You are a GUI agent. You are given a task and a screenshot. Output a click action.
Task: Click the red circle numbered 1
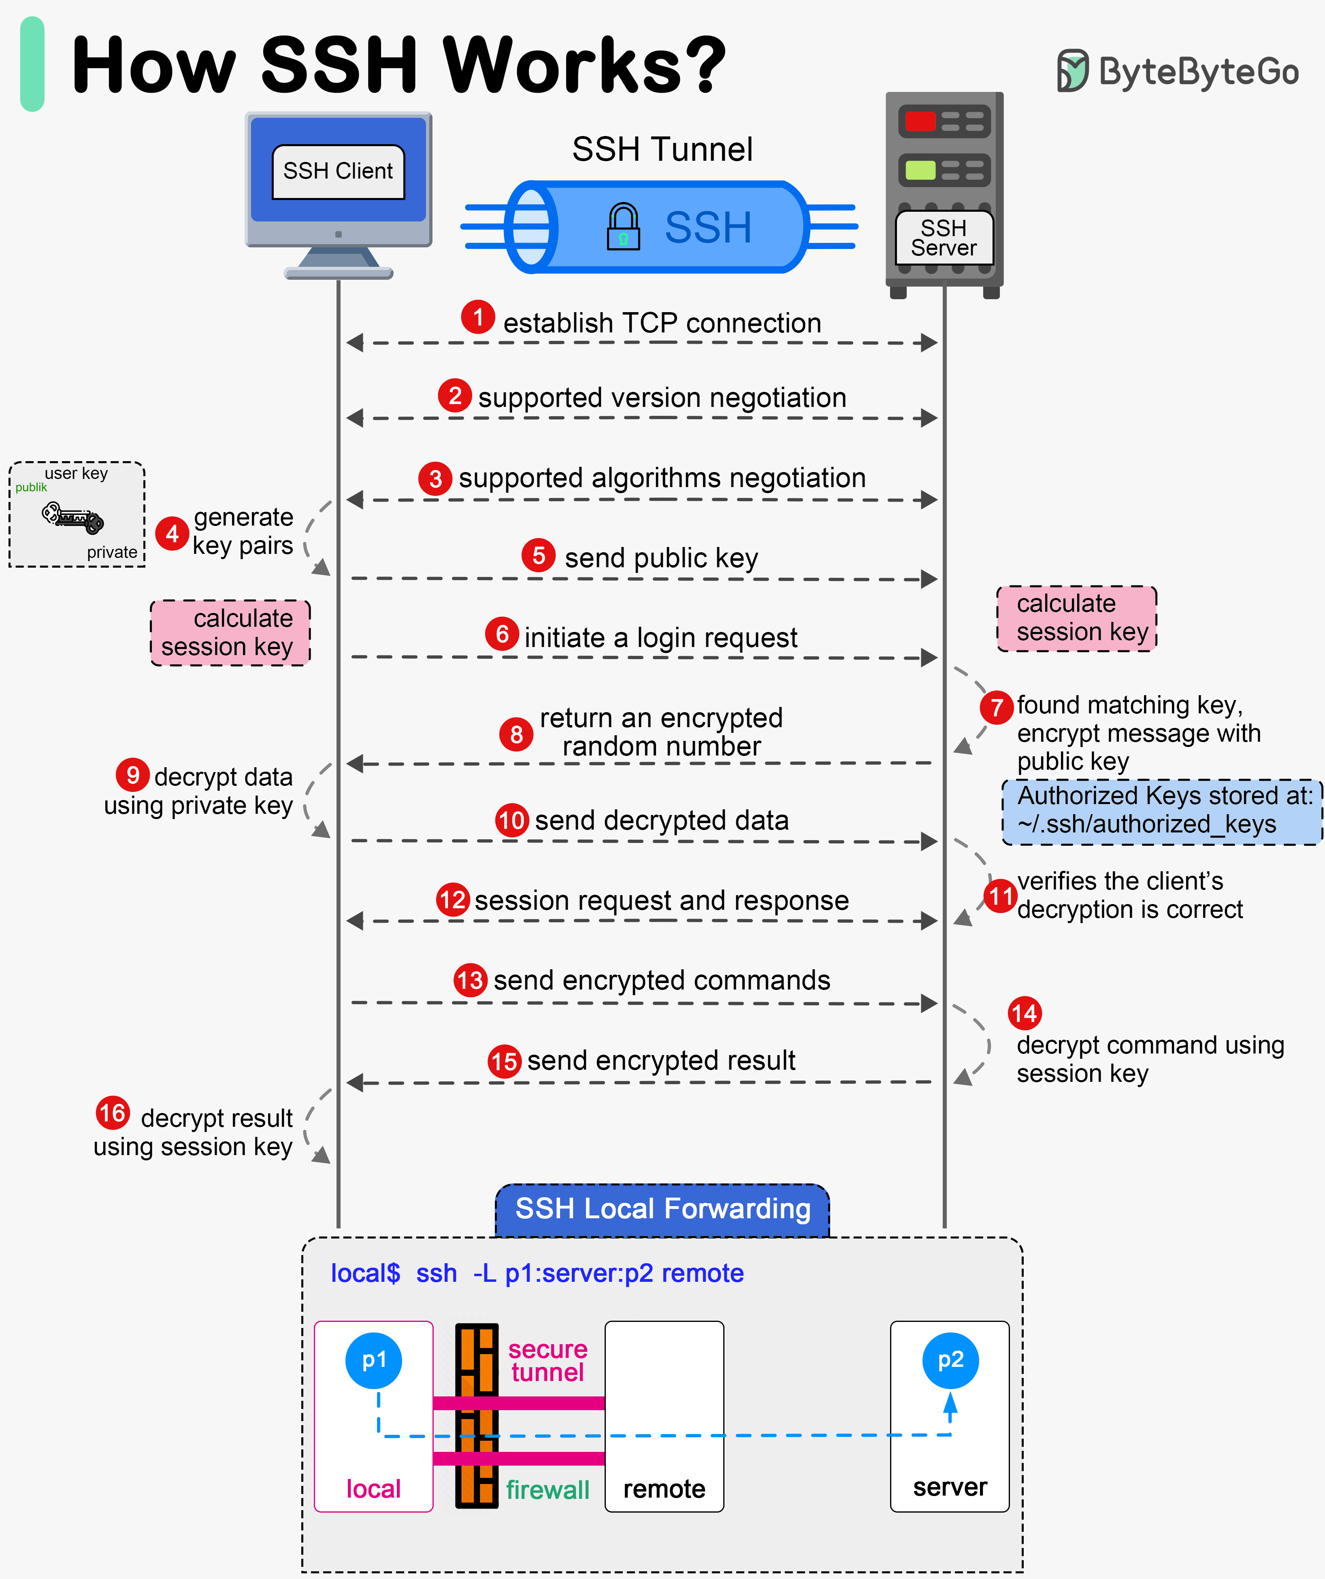click(477, 317)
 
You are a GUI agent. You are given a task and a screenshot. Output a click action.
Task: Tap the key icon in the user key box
click(73, 518)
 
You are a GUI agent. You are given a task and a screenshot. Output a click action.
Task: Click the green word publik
click(31, 487)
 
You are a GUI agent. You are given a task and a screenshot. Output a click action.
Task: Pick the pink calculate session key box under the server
click(1076, 618)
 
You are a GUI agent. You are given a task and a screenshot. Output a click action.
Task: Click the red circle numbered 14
click(1024, 1013)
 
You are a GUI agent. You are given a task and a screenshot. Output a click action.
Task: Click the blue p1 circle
click(374, 1360)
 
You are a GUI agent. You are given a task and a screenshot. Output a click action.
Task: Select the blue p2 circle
click(950, 1360)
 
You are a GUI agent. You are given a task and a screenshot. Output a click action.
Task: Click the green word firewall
click(547, 1490)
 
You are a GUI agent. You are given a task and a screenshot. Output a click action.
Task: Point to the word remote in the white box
click(664, 1489)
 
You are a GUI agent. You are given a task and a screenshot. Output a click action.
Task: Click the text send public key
click(661, 558)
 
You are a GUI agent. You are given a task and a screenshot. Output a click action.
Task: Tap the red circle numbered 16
click(113, 1113)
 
